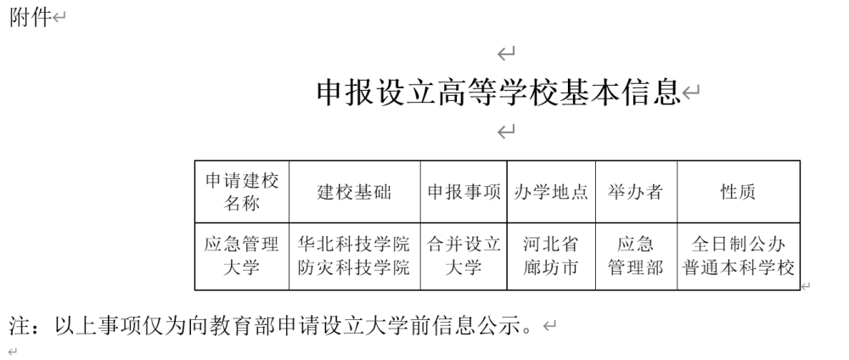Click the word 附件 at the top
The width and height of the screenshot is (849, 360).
tap(31, 17)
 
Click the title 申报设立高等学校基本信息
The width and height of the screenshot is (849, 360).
tap(498, 92)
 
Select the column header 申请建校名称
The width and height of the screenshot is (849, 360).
tap(241, 192)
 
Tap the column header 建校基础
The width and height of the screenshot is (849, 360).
tap(354, 192)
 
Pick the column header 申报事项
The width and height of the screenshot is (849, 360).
tap(464, 192)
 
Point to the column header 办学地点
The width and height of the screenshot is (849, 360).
tap(551, 192)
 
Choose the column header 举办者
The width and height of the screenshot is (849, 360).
tap(635, 192)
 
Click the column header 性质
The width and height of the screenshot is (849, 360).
tap(738, 192)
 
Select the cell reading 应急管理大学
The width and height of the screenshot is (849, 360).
tap(241, 256)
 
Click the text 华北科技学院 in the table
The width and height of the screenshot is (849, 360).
tap(354, 245)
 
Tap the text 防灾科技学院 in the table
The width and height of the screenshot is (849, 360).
tap(354, 267)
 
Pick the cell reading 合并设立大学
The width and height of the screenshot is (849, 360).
tap(464, 256)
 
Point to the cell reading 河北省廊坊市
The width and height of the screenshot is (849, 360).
tap(551, 256)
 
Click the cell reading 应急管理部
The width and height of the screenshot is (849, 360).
tap(635, 256)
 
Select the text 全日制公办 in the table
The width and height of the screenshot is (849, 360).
tap(738, 245)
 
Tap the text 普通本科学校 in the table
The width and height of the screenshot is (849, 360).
tap(738, 267)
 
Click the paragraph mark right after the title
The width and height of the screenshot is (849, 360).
tap(691, 93)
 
